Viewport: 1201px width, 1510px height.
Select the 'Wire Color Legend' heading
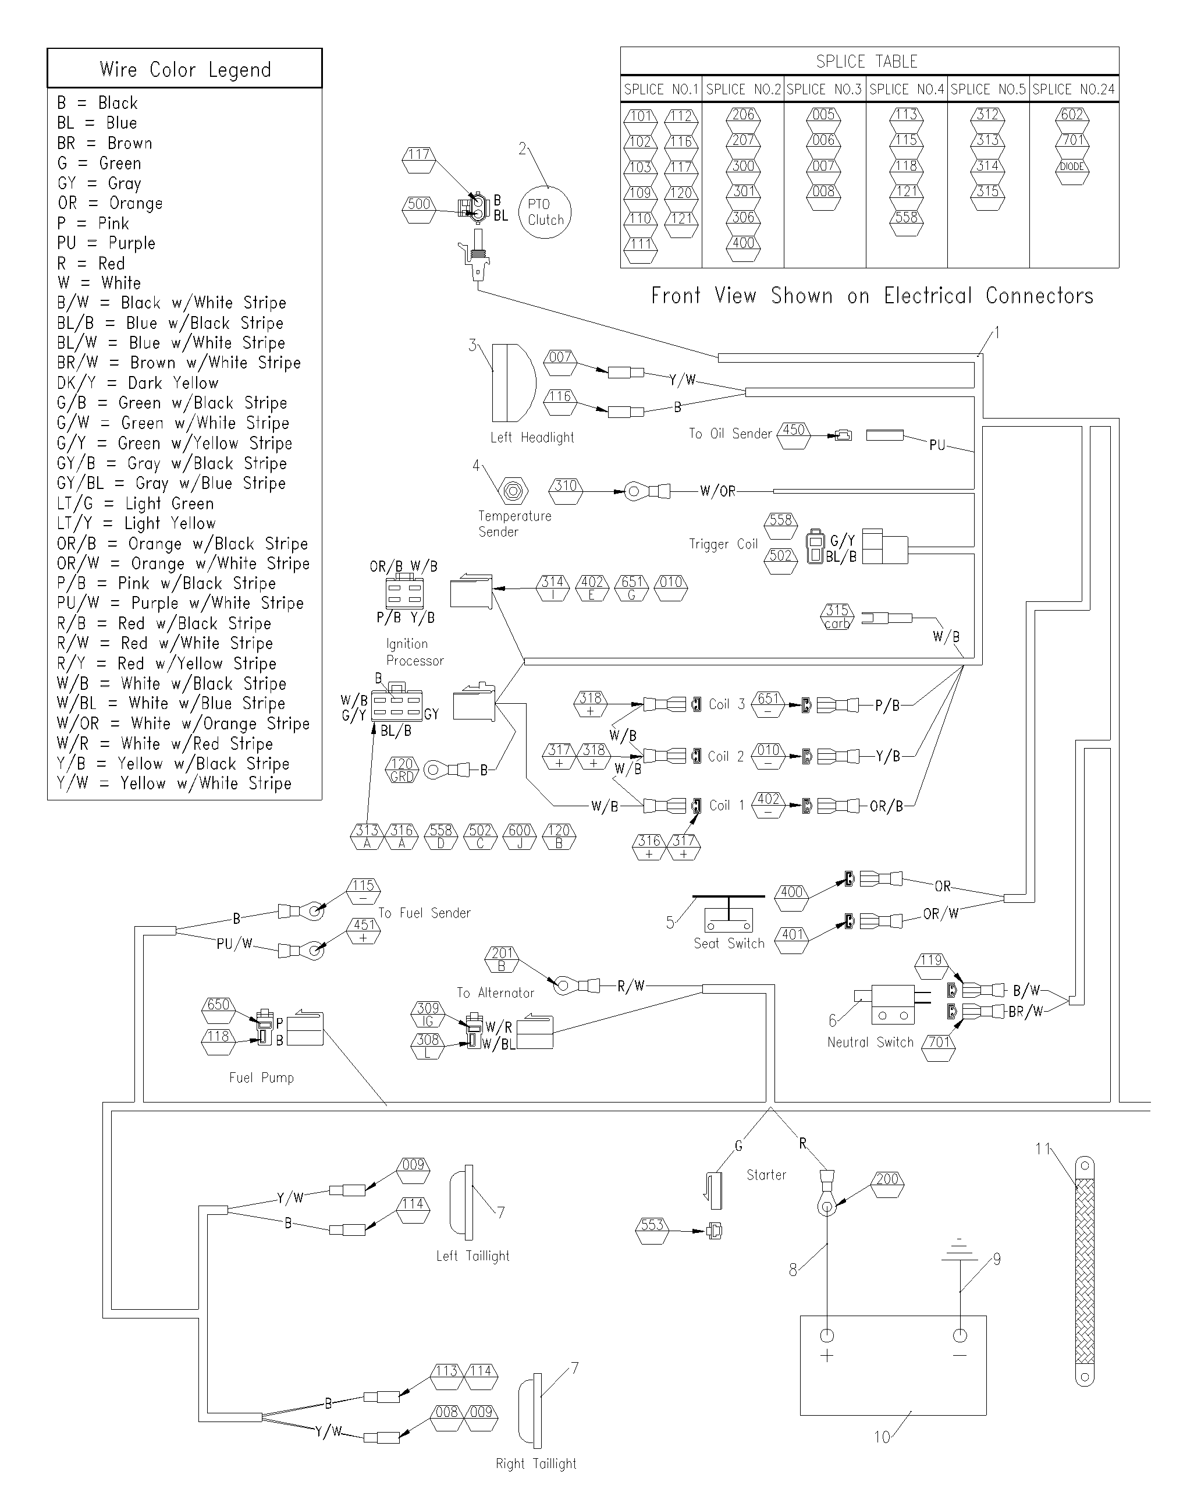(x=185, y=69)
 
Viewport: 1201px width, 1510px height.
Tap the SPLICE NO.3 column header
(x=825, y=90)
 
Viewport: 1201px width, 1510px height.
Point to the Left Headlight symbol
(x=514, y=382)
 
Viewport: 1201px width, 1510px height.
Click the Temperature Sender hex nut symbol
(x=513, y=491)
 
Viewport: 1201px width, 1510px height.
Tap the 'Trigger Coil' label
(x=723, y=544)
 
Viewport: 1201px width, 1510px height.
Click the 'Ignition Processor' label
(x=414, y=652)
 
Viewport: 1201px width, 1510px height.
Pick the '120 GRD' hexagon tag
(x=402, y=770)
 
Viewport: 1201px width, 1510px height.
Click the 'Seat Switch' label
(x=729, y=944)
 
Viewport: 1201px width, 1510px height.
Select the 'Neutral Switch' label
(x=870, y=1042)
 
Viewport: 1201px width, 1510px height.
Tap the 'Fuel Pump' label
(x=261, y=1077)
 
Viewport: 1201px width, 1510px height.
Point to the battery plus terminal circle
(x=827, y=1334)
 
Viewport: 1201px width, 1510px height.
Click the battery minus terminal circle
(x=960, y=1335)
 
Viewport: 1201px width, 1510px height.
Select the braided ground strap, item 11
(x=1084, y=1271)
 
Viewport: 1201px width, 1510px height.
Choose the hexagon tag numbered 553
(x=651, y=1231)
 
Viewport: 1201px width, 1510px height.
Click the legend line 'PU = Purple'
(x=106, y=243)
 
